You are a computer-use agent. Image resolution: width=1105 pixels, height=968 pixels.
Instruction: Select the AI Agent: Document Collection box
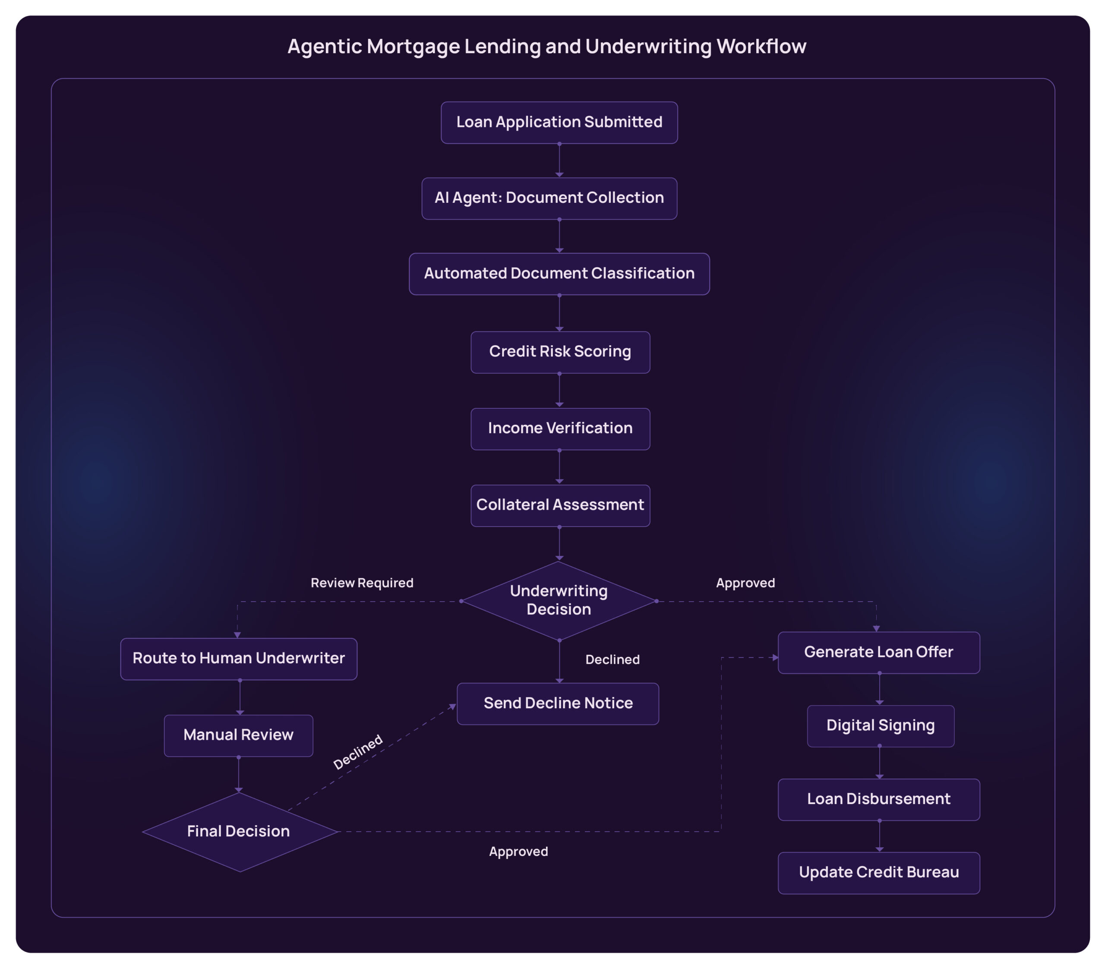549,198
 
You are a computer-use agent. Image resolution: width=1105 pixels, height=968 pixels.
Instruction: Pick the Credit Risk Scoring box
560,352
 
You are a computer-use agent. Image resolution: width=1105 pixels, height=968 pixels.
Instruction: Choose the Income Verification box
560,429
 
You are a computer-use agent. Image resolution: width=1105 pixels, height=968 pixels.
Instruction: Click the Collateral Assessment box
560,506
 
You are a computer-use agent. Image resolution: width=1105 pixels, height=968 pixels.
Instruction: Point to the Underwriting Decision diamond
559,601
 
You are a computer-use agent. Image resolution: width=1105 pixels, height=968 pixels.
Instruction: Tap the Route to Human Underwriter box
238,659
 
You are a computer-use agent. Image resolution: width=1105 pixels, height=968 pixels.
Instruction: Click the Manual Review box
238,735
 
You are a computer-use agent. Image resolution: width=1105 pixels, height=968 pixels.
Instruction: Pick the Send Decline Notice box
558,703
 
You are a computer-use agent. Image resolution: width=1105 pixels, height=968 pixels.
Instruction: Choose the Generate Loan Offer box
878,653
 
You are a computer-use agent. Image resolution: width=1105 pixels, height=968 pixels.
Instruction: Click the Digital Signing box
880,725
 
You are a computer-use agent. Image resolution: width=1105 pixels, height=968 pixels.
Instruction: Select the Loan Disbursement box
878,799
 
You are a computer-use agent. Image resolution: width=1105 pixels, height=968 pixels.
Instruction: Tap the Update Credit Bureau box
878,873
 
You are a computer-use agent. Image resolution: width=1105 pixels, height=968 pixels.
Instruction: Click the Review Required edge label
361,583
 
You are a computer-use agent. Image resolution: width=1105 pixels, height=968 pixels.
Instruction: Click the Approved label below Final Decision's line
518,852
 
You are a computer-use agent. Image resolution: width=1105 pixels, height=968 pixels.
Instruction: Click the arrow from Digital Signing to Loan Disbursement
879,762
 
